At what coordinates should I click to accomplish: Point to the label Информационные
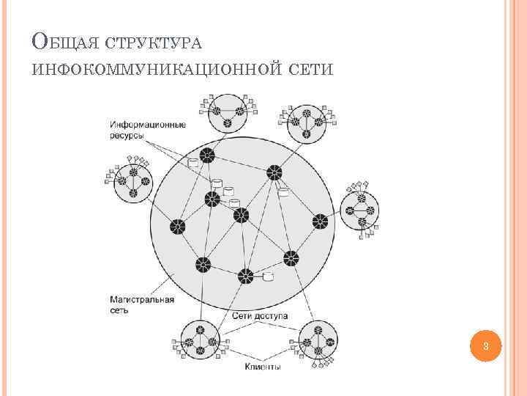click(x=148, y=124)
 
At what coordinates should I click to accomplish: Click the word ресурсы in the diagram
click(x=129, y=136)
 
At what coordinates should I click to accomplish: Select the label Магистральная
click(x=141, y=299)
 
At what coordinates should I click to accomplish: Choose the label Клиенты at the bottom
click(x=262, y=367)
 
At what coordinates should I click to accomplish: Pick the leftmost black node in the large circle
click(x=177, y=227)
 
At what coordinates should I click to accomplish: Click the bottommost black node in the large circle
click(x=245, y=276)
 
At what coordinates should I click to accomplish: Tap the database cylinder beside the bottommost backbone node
click(x=268, y=277)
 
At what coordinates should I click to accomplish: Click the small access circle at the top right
click(x=306, y=124)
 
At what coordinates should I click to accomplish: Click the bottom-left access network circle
click(x=198, y=340)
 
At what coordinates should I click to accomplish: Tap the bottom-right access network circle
click(x=319, y=341)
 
